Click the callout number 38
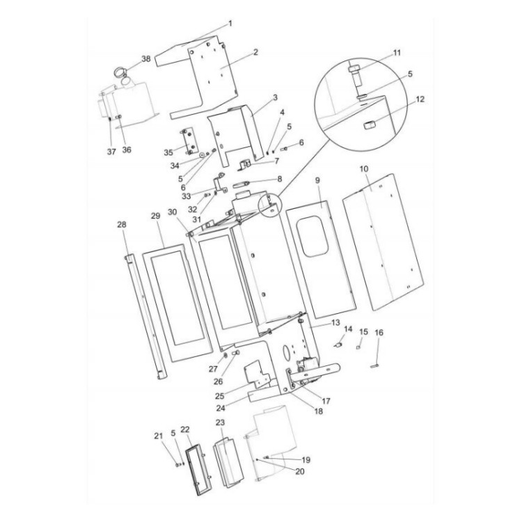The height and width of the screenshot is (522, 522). pos(145,59)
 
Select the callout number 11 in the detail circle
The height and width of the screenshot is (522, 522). pos(397,52)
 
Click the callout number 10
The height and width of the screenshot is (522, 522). pos(363,169)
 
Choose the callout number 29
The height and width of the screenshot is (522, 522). pos(156,216)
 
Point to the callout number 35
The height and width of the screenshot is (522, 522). pos(168,152)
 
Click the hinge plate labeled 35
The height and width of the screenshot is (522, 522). pos(188,140)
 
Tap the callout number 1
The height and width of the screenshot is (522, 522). pos(230,23)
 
